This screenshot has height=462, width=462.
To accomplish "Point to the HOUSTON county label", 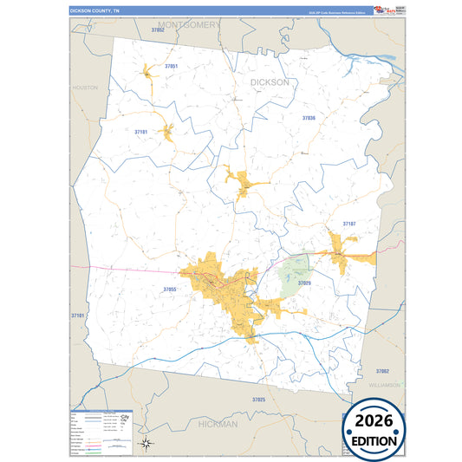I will point(85,88).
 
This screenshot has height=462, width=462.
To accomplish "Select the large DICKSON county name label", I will point(270,82).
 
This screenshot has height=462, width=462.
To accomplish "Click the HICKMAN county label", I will point(217,424).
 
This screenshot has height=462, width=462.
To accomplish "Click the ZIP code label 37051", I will point(171,66).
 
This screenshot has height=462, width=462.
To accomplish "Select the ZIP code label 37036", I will point(309,117).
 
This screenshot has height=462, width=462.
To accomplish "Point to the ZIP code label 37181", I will point(141,132).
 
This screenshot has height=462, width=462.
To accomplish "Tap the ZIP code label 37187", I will point(348,224).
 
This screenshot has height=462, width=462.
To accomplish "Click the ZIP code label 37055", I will point(170,289).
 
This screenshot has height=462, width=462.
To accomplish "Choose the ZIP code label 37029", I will point(304,283).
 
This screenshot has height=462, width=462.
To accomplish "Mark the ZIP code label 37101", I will point(78,316).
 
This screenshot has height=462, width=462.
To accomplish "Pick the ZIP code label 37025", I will point(258,399).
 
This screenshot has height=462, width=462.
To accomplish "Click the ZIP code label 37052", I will point(157,29).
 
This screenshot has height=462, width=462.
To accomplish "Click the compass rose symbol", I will point(147,443).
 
